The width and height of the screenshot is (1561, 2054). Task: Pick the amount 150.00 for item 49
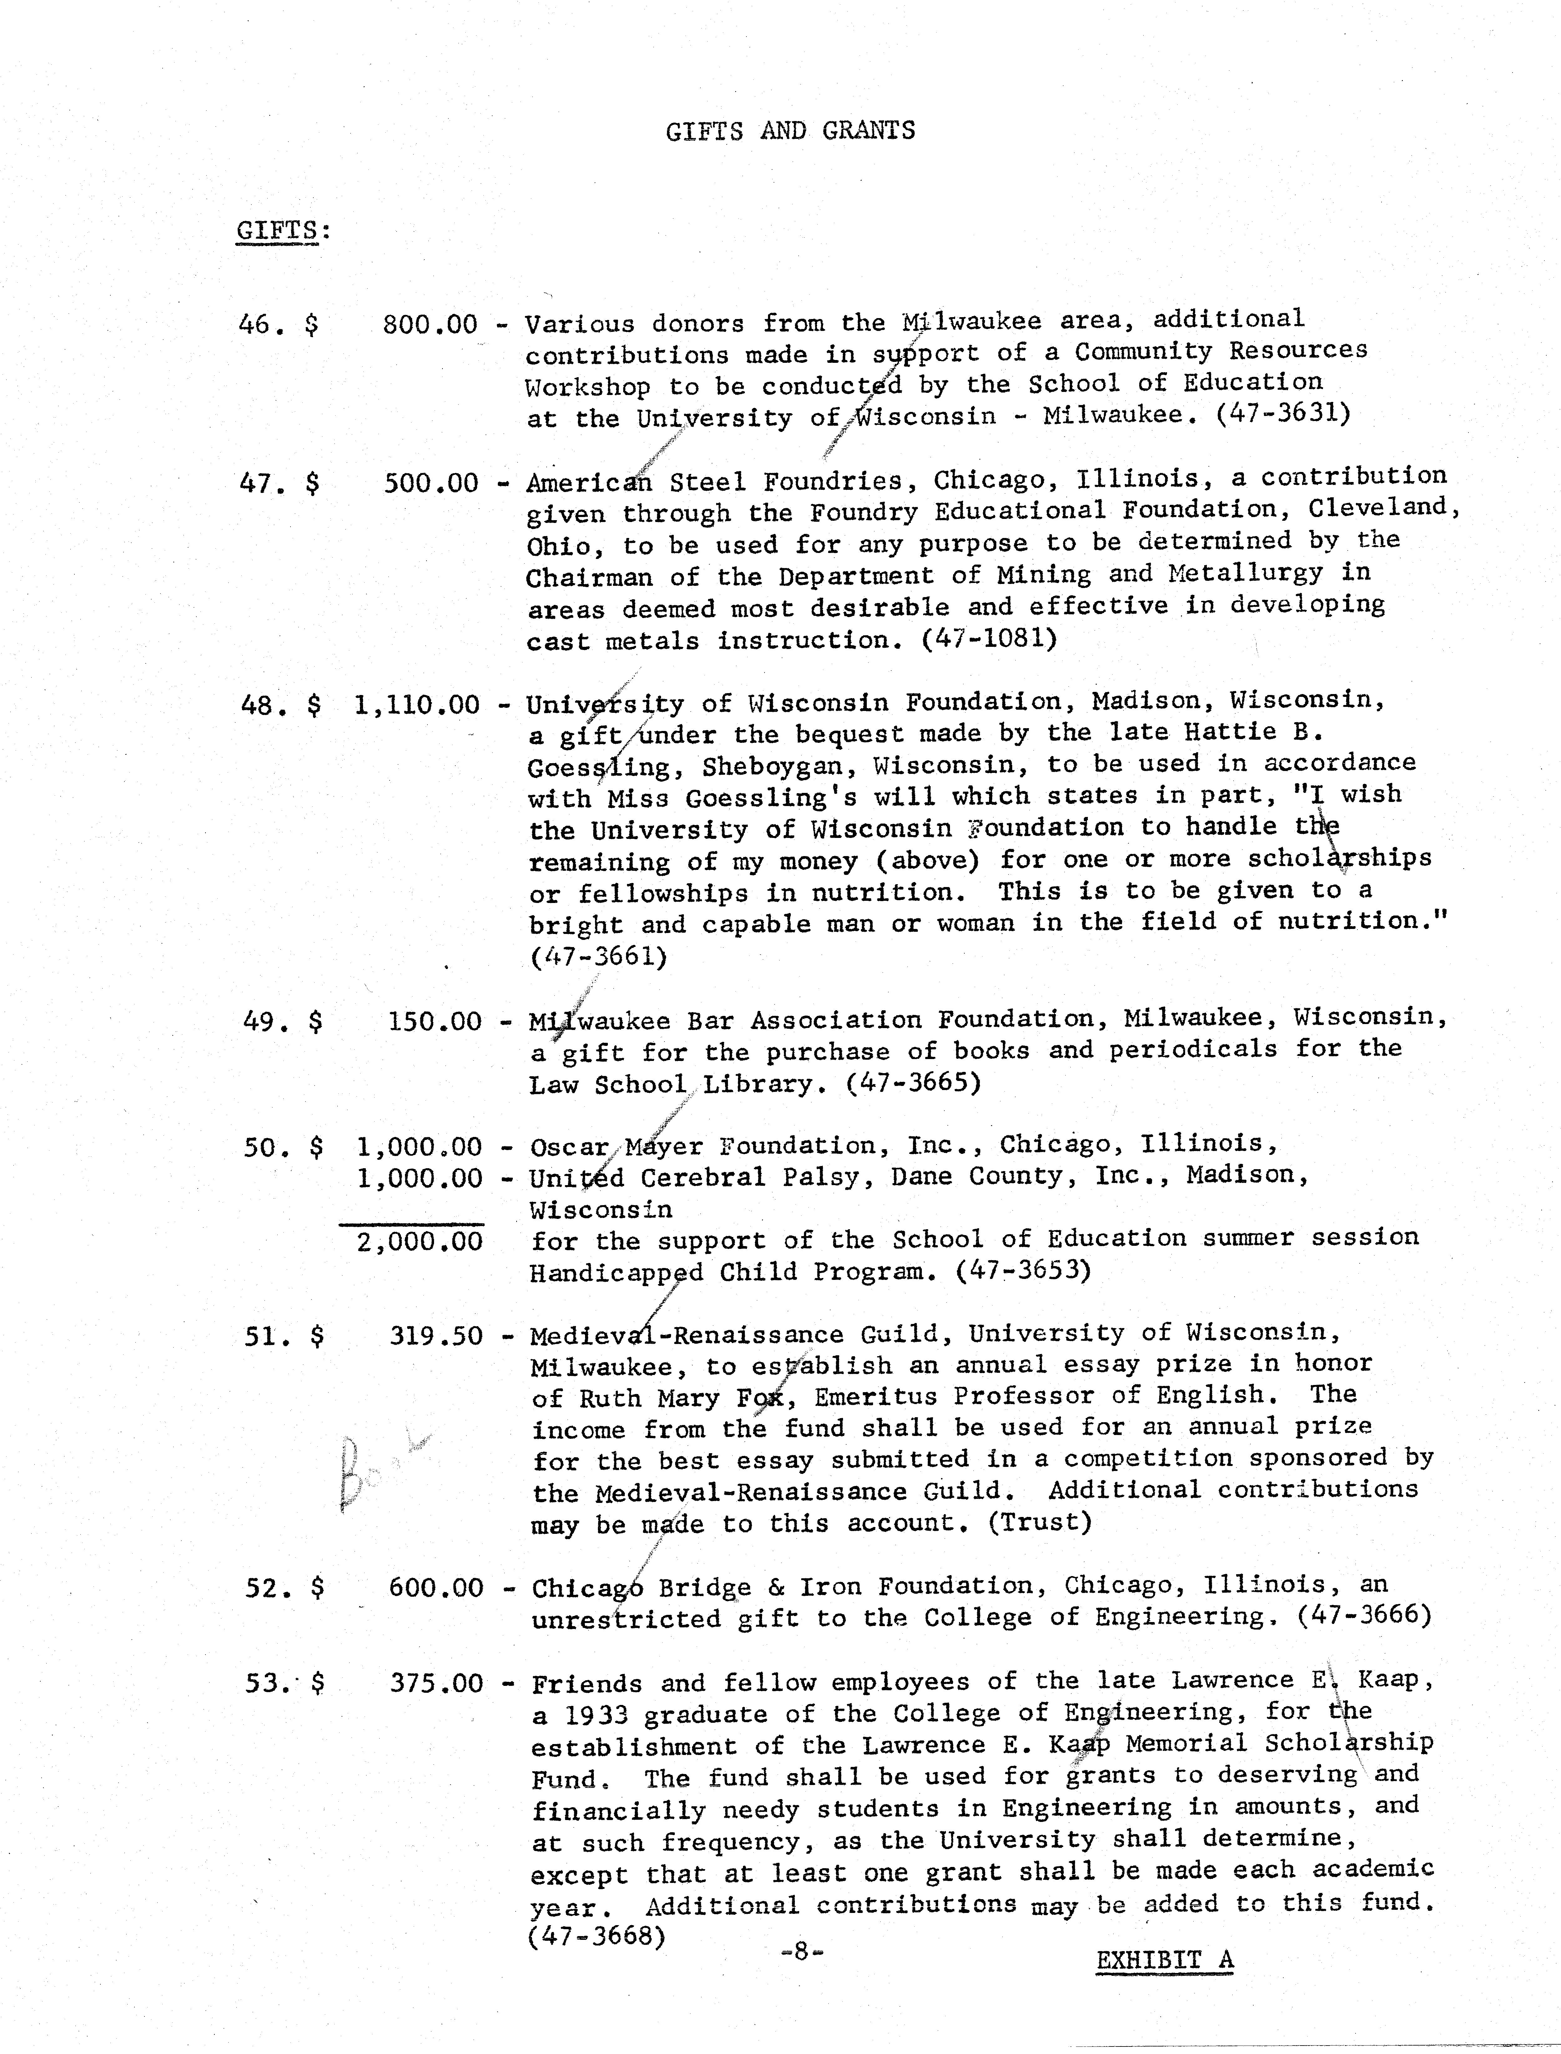click(x=435, y=1022)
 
